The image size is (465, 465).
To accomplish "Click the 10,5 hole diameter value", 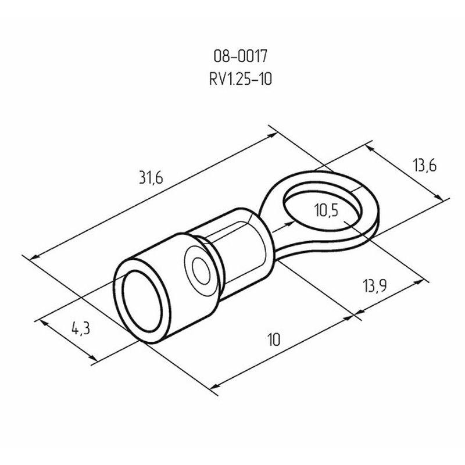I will (326, 211).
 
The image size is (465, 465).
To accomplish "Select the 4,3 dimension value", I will (80, 329).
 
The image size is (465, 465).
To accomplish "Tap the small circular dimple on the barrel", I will (201, 270).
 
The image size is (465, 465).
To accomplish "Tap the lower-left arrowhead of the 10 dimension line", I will (214, 385).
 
